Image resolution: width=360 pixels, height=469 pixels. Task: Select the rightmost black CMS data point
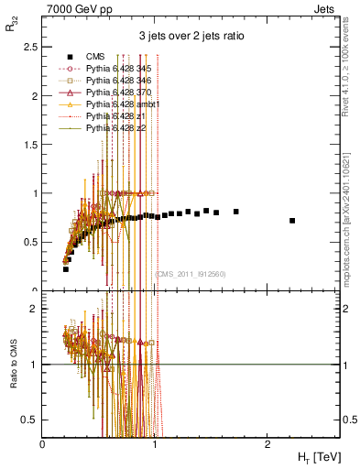292,221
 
